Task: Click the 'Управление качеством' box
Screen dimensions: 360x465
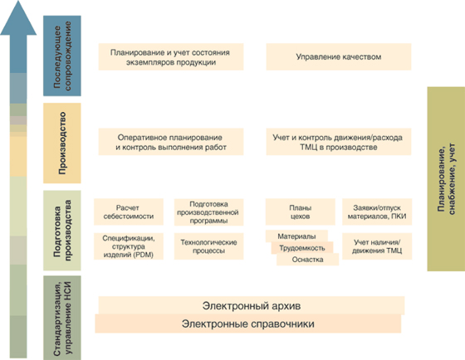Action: pyautogui.click(x=339, y=56)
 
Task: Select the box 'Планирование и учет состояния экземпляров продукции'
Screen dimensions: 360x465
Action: pyautogui.click(x=169, y=56)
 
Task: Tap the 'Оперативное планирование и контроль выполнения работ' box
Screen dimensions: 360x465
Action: pyautogui.click(x=169, y=141)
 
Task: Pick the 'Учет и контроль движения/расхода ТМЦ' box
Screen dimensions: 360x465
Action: pyautogui.click(x=337, y=141)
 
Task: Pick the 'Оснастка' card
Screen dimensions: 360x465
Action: pyautogui.click(x=307, y=260)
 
